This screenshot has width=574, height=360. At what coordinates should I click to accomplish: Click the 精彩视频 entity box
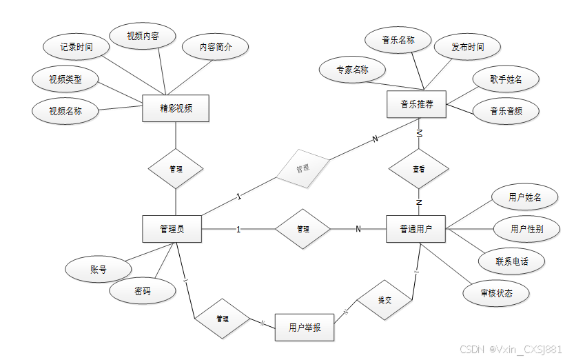[x=175, y=108]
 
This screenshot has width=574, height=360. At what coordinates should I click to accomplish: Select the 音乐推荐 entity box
[x=417, y=105]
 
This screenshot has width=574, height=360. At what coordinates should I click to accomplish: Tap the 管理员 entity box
[x=172, y=229]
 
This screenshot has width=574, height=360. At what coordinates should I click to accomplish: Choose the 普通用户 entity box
[x=416, y=229]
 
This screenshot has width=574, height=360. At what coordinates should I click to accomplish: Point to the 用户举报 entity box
[x=305, y=327]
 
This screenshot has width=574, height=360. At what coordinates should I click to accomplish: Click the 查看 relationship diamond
[x=418, y=168]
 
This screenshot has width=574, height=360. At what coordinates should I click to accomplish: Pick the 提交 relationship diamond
[x=384, y=300]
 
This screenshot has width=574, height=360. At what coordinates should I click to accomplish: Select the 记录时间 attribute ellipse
[x=76, y=48]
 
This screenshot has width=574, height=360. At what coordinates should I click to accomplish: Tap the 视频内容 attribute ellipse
[x=143, y=36]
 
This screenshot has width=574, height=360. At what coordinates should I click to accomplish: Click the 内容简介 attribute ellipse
[x=216, y=48]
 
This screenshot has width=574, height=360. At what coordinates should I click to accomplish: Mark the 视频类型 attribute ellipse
[x=65, y=79]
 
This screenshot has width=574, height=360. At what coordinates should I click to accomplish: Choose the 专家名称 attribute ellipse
[x=352, y=70]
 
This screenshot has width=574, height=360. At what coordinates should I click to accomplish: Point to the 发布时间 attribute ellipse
[x=467, y=48]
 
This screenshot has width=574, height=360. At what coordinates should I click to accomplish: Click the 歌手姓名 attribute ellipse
[x=505, y=79]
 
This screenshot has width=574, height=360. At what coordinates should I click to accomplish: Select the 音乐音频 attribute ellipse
[x=505, y=110]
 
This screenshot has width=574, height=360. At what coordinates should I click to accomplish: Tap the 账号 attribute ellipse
[x=98, y=269]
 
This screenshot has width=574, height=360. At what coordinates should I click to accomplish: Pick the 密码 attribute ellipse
[x=142, y=291]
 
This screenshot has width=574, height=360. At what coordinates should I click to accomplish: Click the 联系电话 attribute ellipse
[x=511, y=261]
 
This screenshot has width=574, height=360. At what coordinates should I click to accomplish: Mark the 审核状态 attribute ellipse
[x=496, y=292]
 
